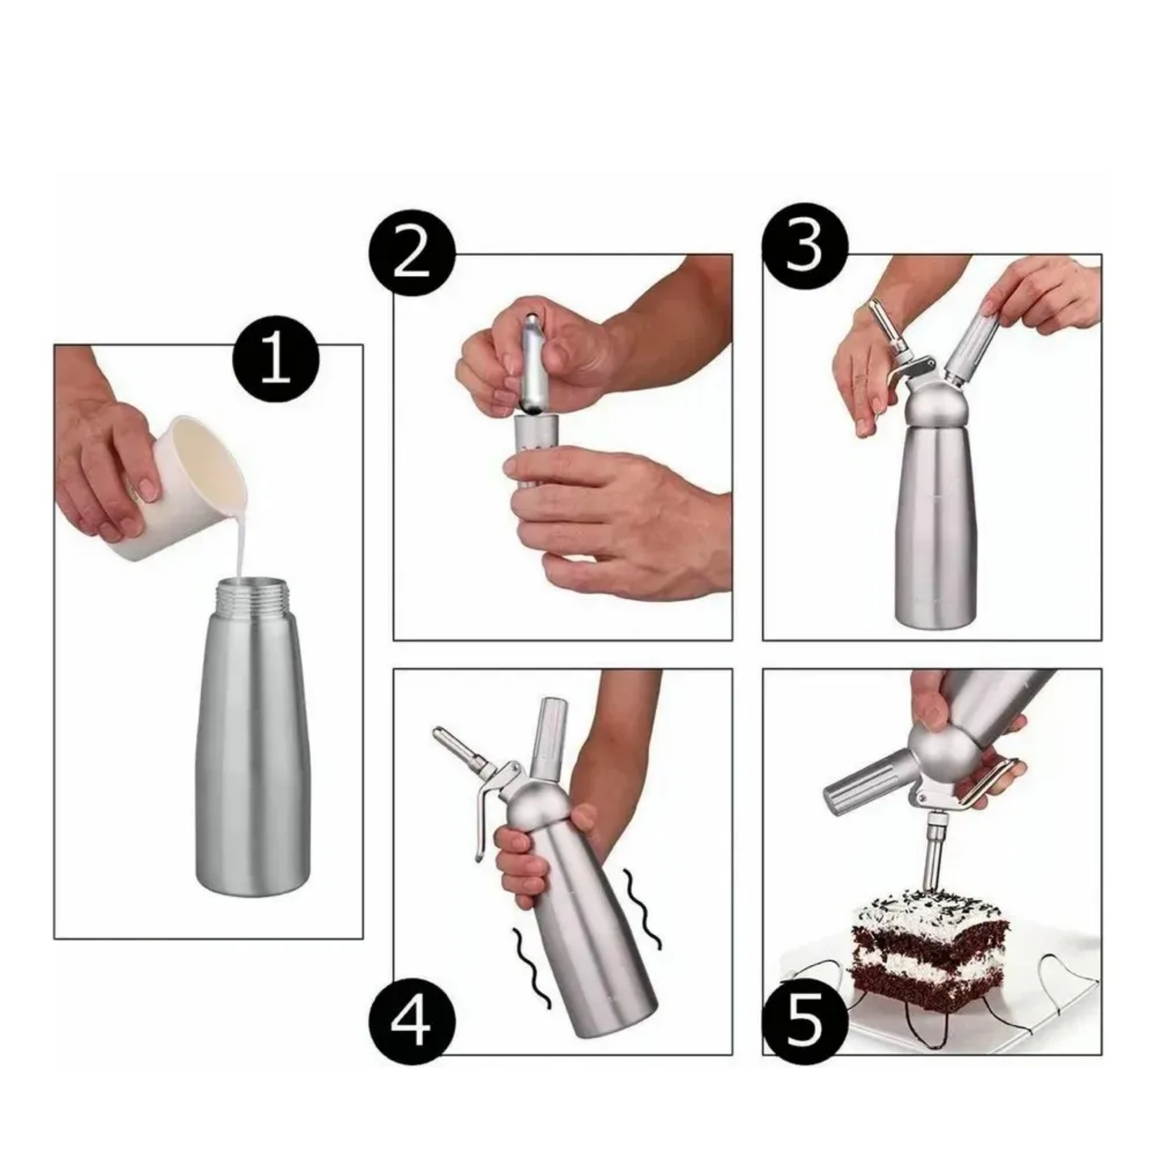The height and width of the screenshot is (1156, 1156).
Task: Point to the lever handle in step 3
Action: [x=898, y=371]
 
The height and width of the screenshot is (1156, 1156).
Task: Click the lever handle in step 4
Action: [x=486, y=809]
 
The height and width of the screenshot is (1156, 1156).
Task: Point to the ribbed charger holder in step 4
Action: [x=551, y=732]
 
